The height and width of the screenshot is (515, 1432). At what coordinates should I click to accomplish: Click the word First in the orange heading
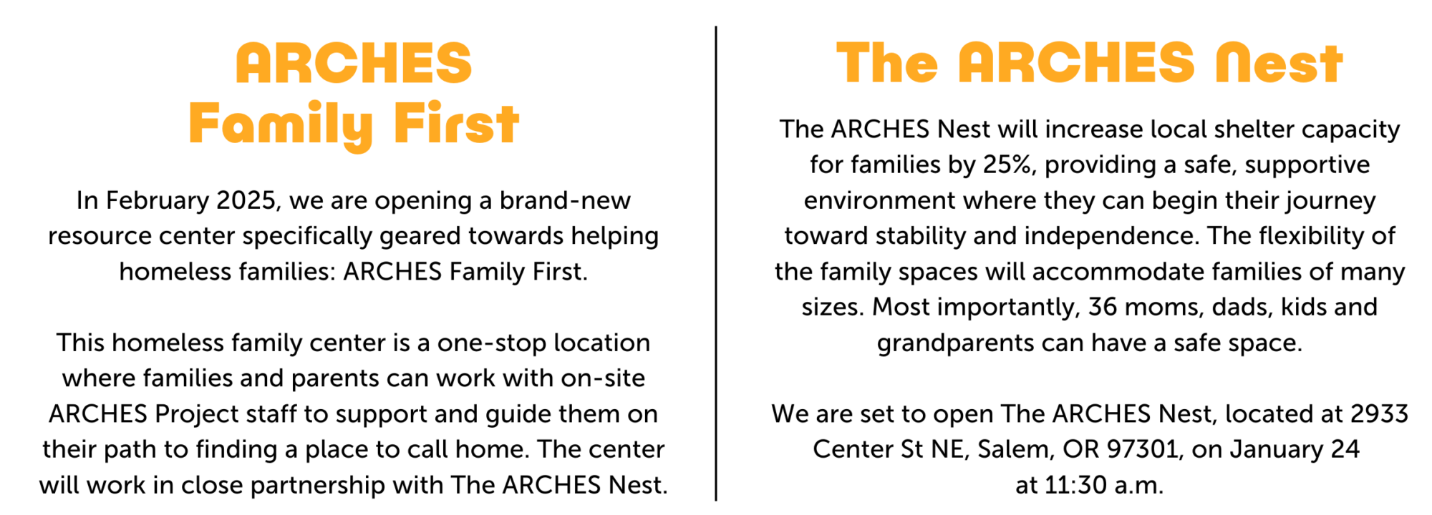(x=456, y=124)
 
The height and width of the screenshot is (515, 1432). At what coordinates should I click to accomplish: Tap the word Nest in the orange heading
(x=1279, y=63)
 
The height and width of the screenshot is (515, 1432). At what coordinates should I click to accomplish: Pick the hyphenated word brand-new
(x=565, y=200)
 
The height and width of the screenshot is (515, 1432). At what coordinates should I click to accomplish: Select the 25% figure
(x=1009, y=165)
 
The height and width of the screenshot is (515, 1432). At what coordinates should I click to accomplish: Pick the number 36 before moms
(x=1102, y=307)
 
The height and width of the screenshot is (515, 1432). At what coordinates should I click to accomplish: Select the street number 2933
(x=1379, y=413)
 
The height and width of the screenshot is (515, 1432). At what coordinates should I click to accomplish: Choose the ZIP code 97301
(x=1142, y=449)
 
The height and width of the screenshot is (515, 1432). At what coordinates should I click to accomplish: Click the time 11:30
(x=1076, y=485)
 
